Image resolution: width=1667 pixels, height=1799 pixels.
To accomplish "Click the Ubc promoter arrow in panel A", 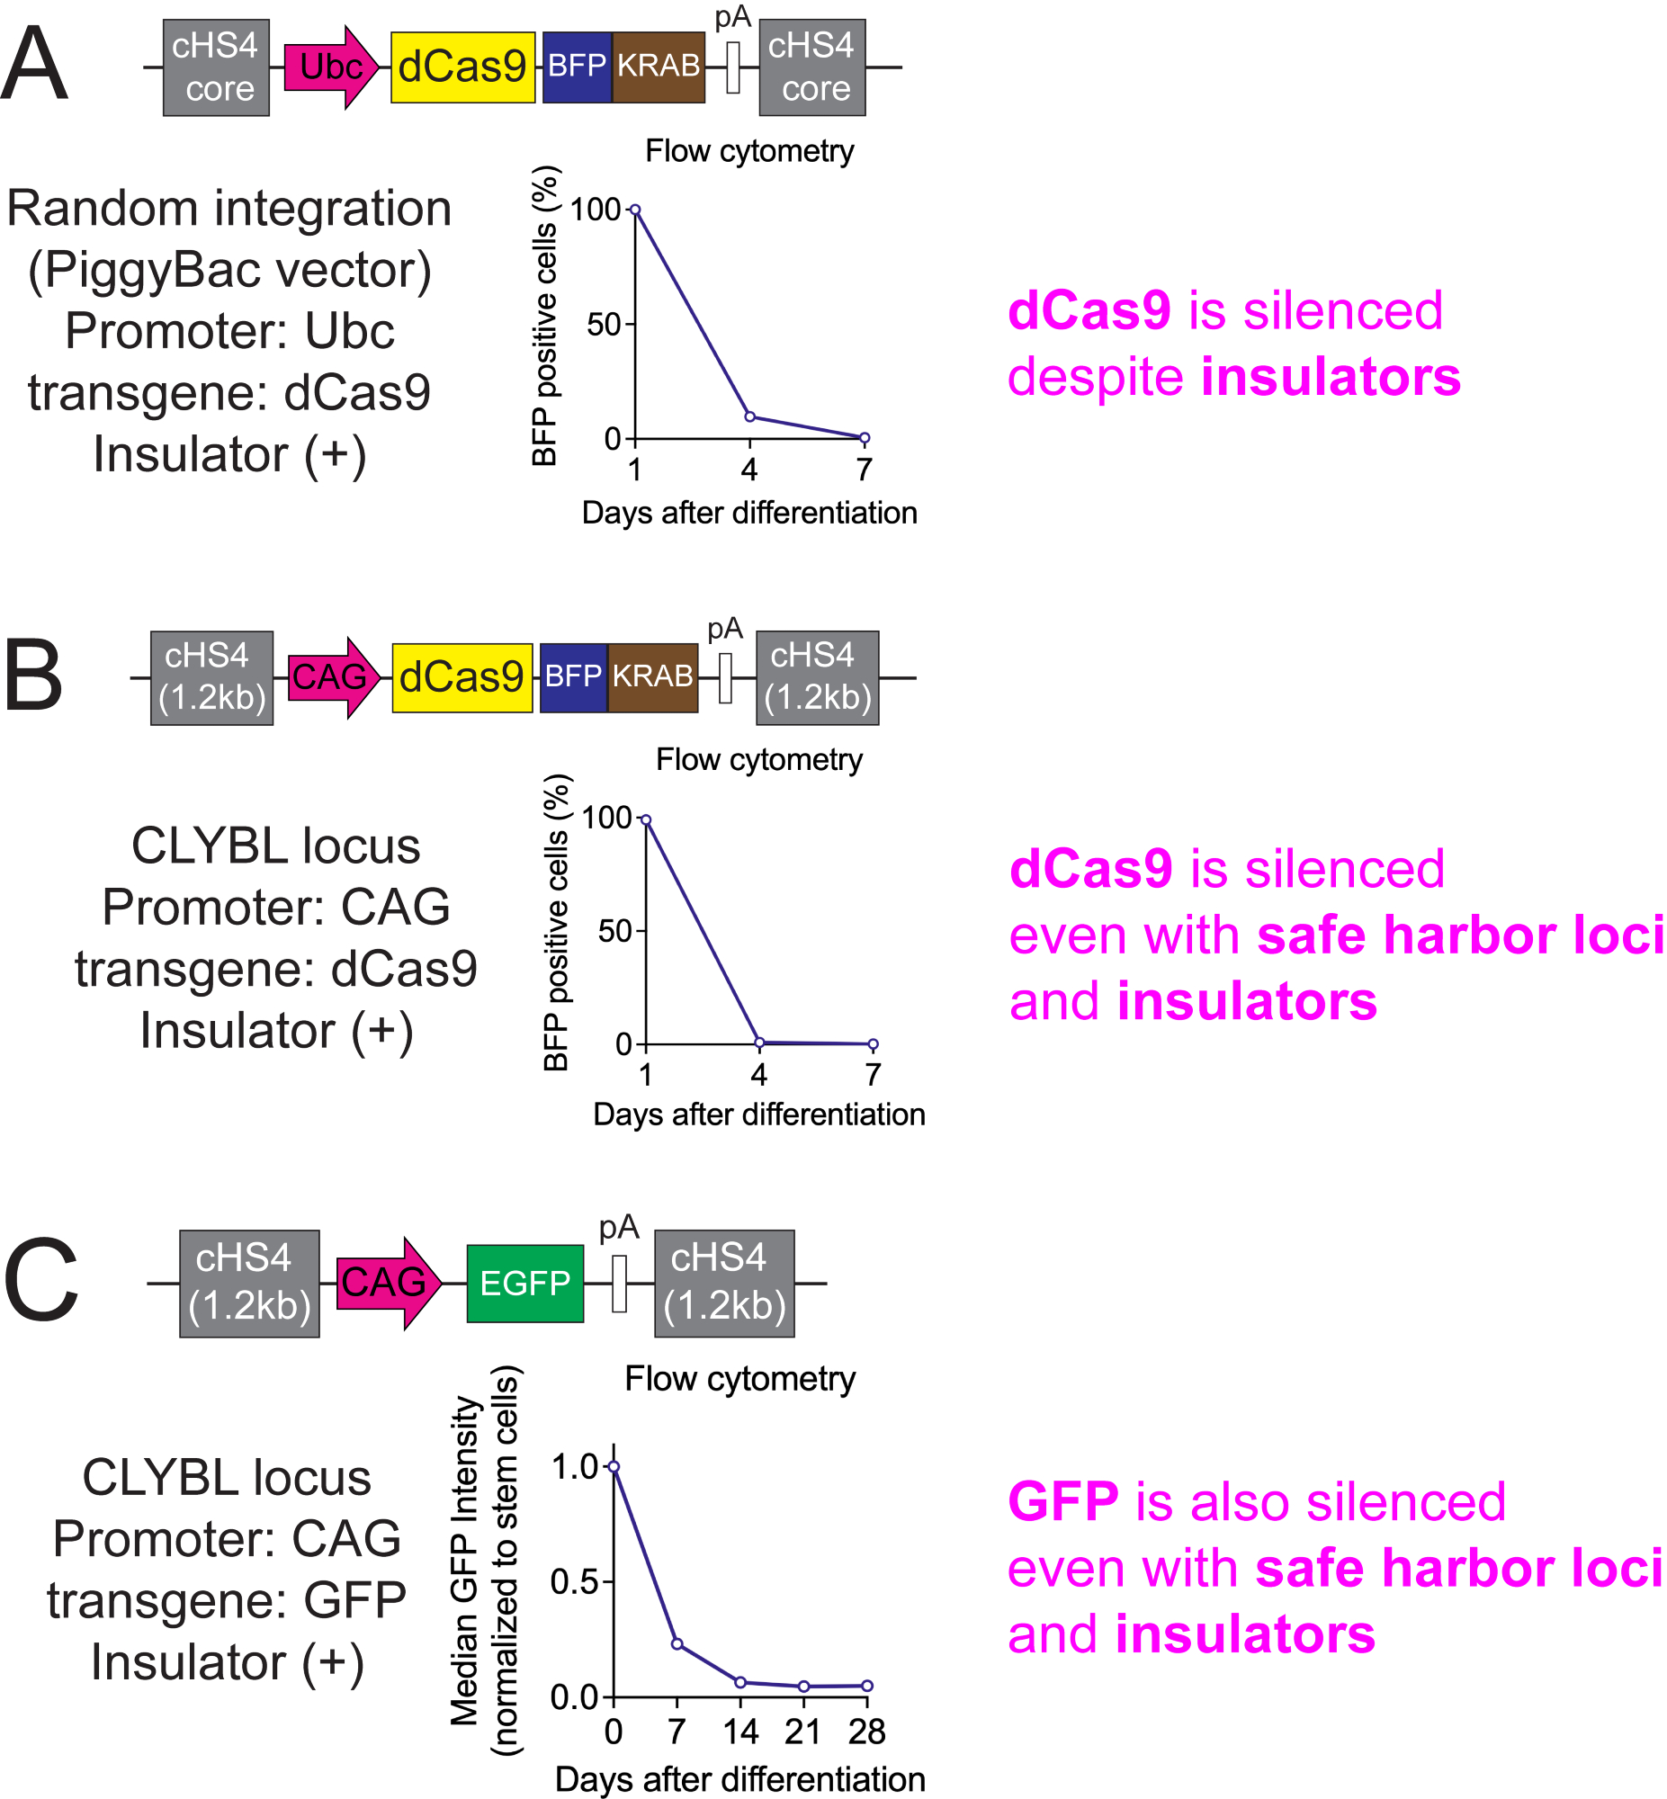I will pyautogui.click(x=330, y=67).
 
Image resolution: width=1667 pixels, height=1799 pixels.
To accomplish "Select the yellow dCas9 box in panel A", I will pyautogui.click(x=462, y=67).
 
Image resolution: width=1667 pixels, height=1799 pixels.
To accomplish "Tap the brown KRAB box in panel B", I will pyautogui.click(x=652, y=676).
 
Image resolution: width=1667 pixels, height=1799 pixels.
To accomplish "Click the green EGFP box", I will pyautogui.click(x=524, y=1283).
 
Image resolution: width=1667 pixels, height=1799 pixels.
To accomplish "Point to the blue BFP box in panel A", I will pyautogui.click(x=577, y=67).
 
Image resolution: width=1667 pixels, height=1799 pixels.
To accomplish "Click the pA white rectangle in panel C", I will pyautogui.click(x=619, y=1283).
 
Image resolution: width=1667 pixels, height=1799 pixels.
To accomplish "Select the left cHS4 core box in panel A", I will pyautogui.click(x=216, y=67).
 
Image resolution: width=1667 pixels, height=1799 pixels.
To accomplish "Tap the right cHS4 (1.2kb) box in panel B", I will pyautogui.click(x=816, y=677).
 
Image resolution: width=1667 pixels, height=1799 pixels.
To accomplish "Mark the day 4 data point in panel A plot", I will pyautogui.click(x=749, y=416).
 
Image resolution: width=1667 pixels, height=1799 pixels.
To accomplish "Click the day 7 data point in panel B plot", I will pyautogui.click(x=873, y=1044).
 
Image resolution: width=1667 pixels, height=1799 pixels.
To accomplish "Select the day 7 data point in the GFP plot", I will pyautogui.click(x=677, y=1644).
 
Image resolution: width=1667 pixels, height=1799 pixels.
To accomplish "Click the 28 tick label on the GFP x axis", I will pyautogui.click(x=866, y=1732).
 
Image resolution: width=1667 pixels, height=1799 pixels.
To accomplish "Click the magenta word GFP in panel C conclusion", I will pyautogui.click(x=1062, y=1502).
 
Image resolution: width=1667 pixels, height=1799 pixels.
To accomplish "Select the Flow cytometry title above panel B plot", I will pyautogui.click(x=758, y=759).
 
